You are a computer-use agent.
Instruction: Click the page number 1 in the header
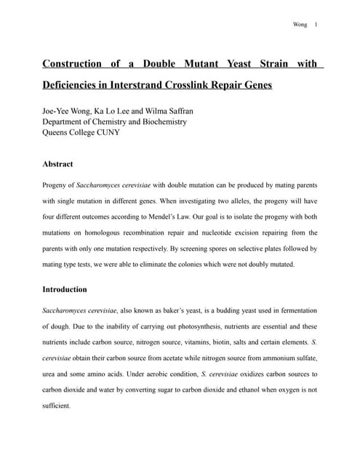(x=316, y=25)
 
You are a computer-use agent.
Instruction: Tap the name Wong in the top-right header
(x=300, y=25)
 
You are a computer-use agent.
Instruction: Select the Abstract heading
(x=57, y=164)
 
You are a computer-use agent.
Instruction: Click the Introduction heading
(x=65, y=289)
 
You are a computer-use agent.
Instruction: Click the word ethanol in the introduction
(x=239, y=389)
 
